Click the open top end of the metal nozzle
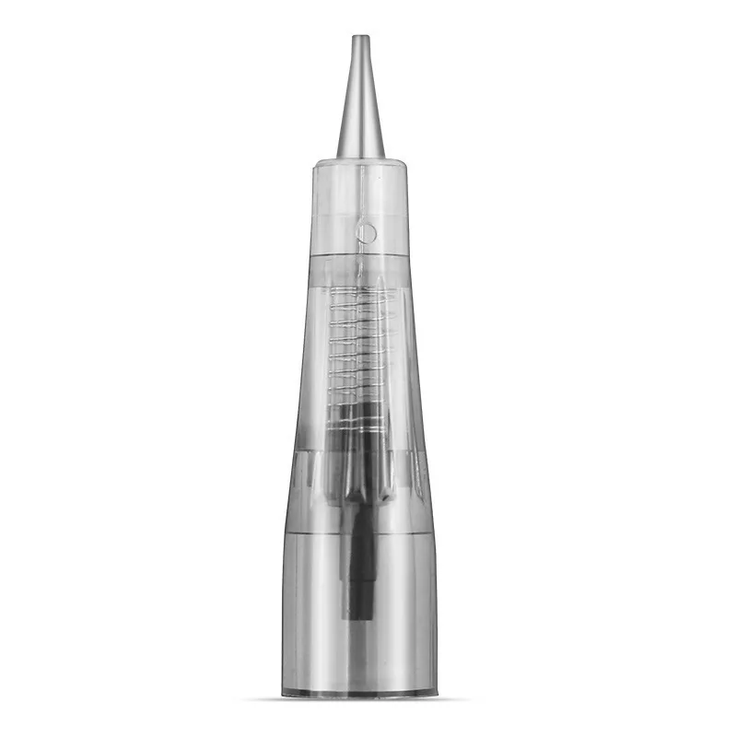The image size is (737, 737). coord(360,38)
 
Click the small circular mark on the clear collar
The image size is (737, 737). coord(367,233)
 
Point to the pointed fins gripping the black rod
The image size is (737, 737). coord(360,479)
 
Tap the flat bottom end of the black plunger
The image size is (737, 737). coord(359,615)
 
